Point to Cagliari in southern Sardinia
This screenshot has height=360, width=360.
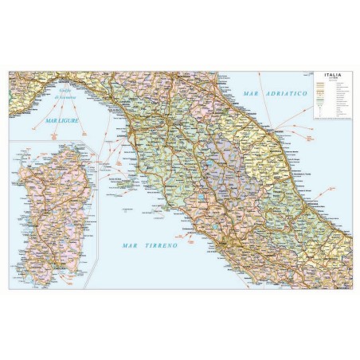pos(57,262)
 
